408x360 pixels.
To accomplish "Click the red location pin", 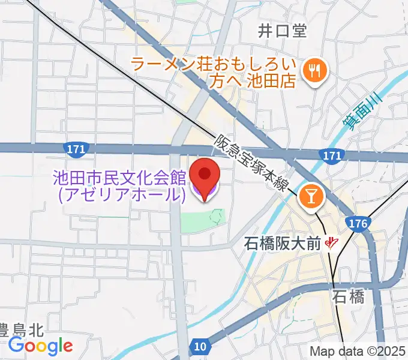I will point(205,178).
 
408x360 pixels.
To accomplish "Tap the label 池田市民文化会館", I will point(119,178).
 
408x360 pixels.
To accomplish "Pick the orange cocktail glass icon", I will point(311,194).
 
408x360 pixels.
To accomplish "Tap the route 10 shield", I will point(200,347).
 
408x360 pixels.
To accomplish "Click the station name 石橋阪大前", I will point(283,244).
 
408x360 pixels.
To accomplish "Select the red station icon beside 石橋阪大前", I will point(331,243).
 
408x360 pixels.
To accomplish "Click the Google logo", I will point(40,346).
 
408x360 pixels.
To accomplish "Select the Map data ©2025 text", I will point(358,351).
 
